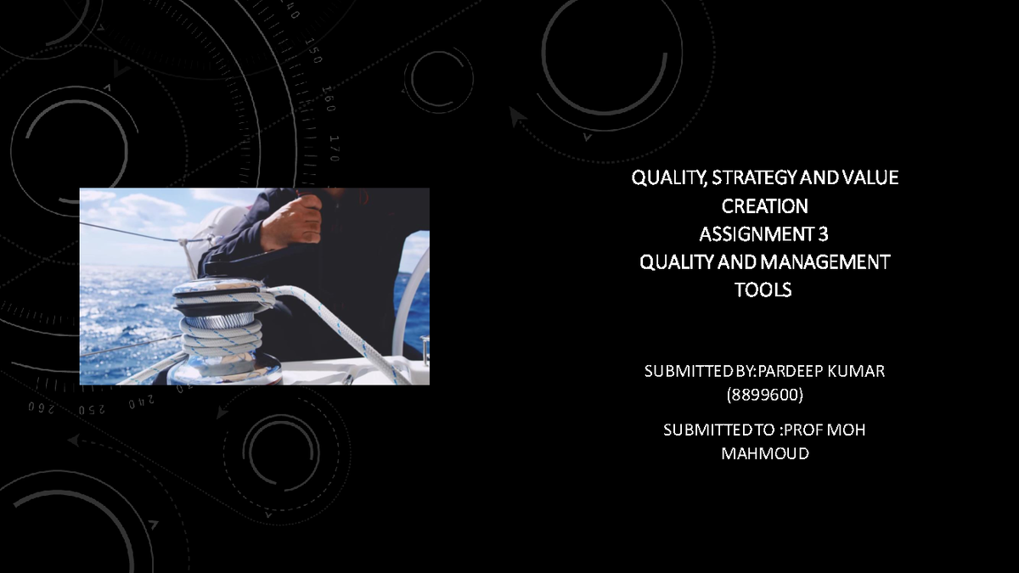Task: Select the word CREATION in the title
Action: [764, 206]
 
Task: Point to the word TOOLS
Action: [763, 289]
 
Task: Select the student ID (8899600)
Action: [764, 395]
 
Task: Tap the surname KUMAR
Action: [855, 371]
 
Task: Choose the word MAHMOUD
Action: [764, 453]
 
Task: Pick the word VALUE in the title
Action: [870, 177]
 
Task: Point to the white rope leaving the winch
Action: [340, 318]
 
